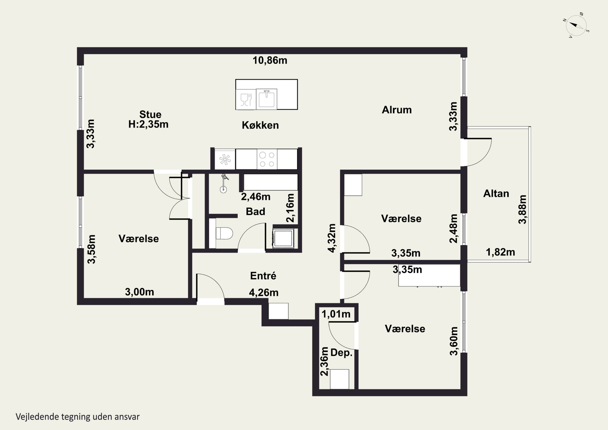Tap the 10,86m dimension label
(270, 60)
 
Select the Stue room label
(150, 115)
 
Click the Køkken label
(260, 125)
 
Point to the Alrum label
(397, 110)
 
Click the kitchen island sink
(266, 99)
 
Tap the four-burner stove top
(267, 159)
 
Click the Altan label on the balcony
(496, 193)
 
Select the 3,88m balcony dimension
(522, 209)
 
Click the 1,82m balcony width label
(501, 252)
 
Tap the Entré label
(263, 276)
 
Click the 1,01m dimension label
(336, 314)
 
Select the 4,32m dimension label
(332, 238)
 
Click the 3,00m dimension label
(140, 292)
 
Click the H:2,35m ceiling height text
(148, 124)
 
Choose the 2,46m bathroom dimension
(256, 197)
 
